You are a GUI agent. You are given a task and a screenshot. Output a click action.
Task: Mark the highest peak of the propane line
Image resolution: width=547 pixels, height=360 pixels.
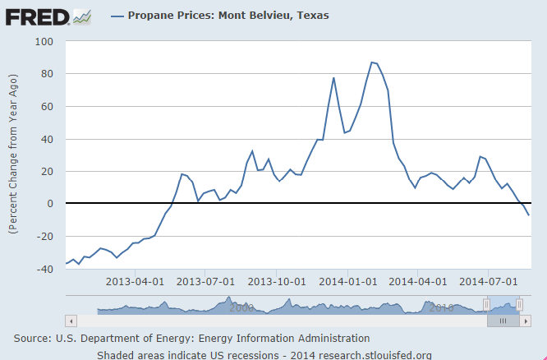[x=372, y=62]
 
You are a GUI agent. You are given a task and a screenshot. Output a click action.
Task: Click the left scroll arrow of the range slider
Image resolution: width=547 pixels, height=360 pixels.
[x=71, y=321]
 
